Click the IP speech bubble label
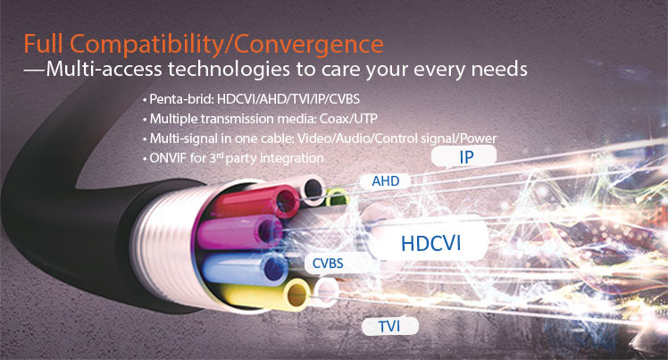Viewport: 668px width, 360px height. (x=463, y=156)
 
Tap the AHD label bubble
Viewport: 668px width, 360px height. (x=385, y=181)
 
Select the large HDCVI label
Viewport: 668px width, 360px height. (x=430, y=242)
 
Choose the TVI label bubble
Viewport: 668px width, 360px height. (x=389, y=326)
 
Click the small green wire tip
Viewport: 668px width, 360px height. (x=337, y=197)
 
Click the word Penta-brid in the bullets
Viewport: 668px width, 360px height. (x=180, y=99)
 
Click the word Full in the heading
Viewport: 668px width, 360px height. (x=43, y=45)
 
